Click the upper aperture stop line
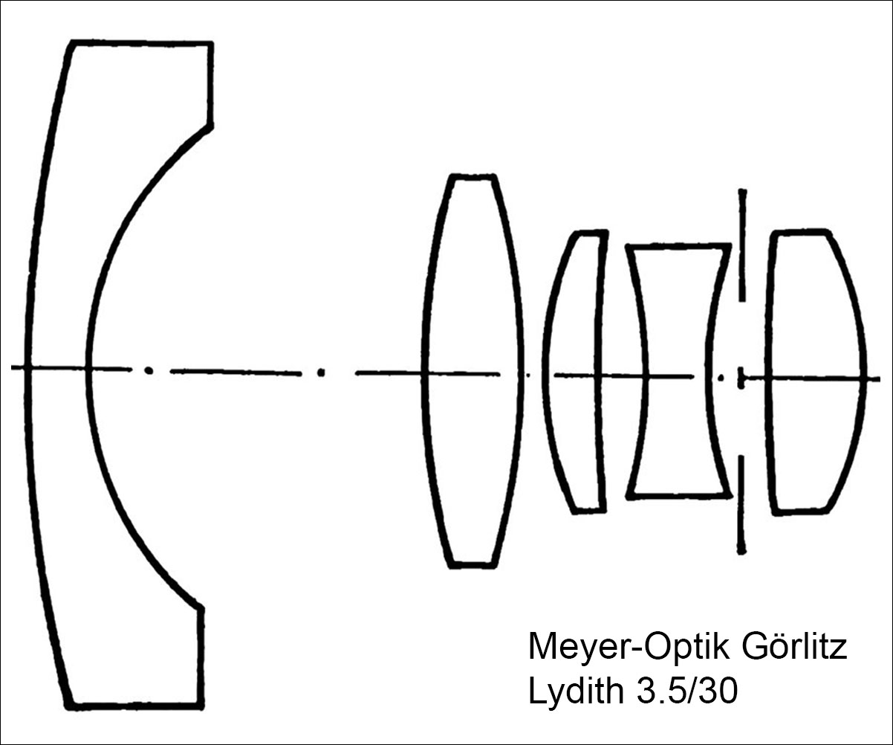pyautogui.click(x=742, y=245)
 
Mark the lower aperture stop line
pyautogui.click(x=741, y=506)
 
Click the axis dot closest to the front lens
pyautogui.click(x=149, y=370)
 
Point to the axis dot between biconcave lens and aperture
pyautogui.click(x=721, y=377)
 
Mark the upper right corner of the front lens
pyautogui.click(x=211, y=43)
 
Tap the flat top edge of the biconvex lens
pyautogui.click(x=473, y=177)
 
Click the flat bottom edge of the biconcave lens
pyautogui.click(x=680, y=497)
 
